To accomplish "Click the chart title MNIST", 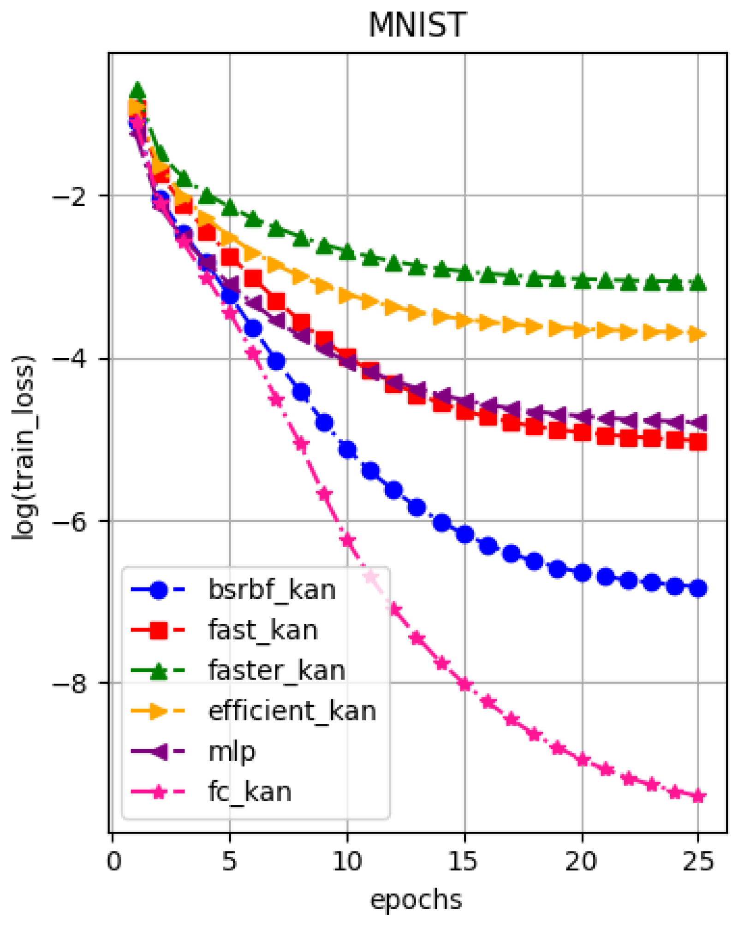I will tap(417, 25).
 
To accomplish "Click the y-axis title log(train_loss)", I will tap(23, 447).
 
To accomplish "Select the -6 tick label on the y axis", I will tap(69, 522).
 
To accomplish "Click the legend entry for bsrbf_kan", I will tap(272, 590).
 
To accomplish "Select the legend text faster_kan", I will tap(277, 670).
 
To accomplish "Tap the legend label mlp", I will tap(232, 751).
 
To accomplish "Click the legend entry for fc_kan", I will tap(250, 792).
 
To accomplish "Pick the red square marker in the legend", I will tap(159, 630).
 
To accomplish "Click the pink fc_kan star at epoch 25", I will tap(698, 796).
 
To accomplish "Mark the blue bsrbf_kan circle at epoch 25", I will tap(698, 588).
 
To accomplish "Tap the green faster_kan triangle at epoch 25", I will tap(698, 282).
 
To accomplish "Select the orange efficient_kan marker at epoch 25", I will tap(698, 334).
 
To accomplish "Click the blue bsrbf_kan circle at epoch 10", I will tap(347, 450).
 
